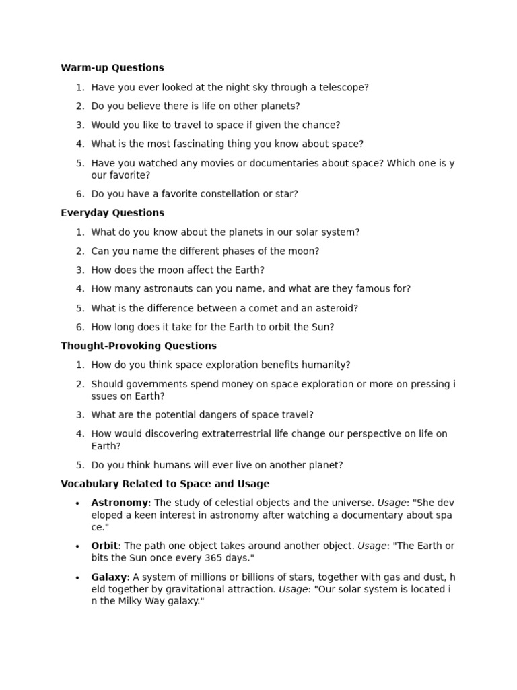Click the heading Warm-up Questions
point(112,67)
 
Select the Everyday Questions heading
point(112,212)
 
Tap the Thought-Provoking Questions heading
point(138,346)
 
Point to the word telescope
point(340,87)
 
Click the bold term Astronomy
point(119,503)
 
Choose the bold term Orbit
point(104,546)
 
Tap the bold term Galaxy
point(108,577)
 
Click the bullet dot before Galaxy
point(77,577)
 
